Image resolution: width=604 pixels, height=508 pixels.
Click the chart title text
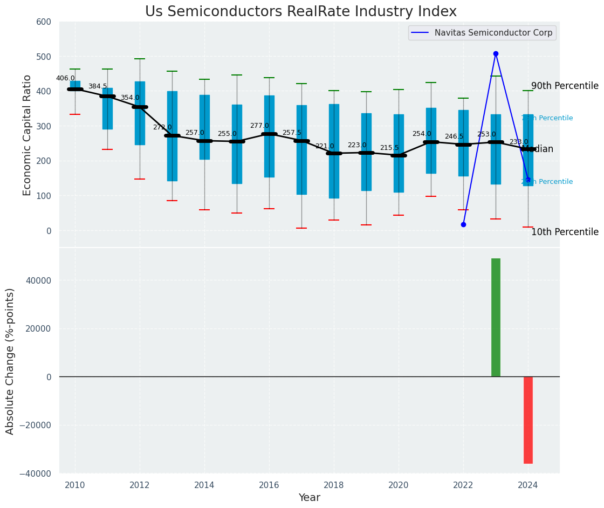(300, 12)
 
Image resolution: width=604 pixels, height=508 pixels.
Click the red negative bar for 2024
(528, 420)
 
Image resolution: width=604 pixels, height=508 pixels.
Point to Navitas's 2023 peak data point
(496, 54)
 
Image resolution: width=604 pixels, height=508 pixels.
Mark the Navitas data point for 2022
(463, 224)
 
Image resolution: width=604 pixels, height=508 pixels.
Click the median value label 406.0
(65, 78)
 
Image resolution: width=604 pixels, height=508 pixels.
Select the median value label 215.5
(389, 148)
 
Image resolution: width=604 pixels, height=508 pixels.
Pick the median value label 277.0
(259, 126)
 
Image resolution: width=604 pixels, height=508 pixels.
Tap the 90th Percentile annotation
(565, 86)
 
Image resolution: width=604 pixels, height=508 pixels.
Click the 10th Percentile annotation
(565, 232)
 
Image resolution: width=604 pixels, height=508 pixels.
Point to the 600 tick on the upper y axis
(44, 22)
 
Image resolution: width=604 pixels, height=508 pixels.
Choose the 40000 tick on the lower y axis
(37, 280)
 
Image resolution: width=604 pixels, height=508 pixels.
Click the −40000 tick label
(35, 473)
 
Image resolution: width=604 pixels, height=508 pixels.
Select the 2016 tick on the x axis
(269, 485)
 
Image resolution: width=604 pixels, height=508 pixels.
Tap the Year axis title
(310, 498)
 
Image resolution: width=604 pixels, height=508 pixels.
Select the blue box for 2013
(172, 136)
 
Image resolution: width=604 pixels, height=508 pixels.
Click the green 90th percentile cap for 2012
(140, 59)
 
